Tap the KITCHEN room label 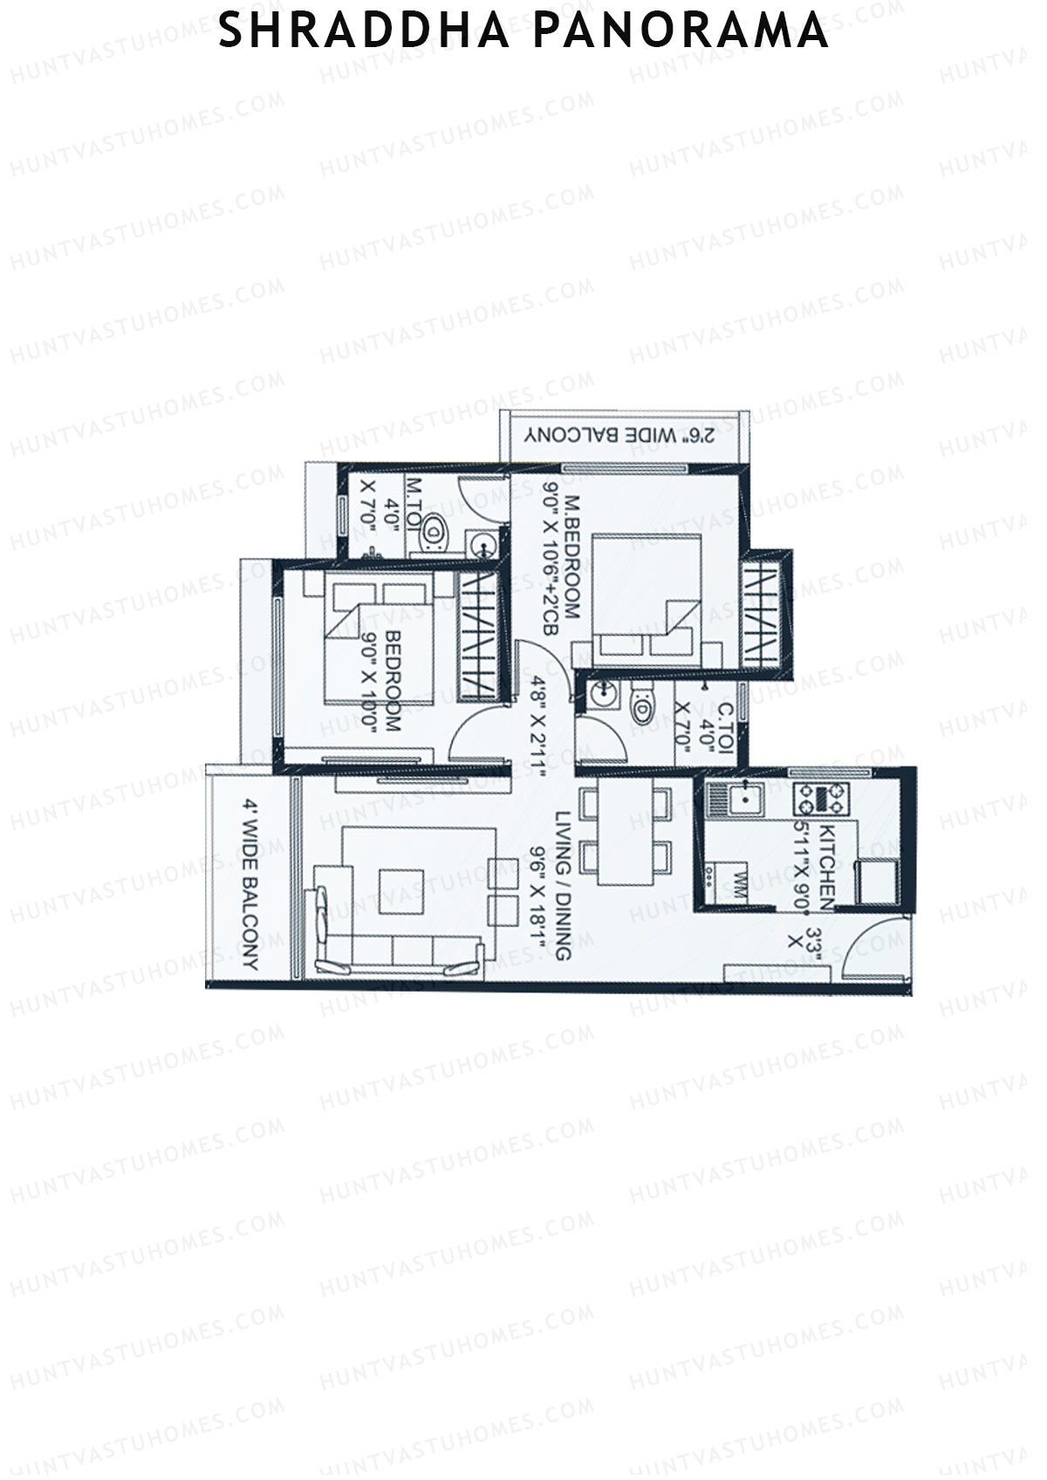(x=829, y=849)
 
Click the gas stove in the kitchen (x=820, y=796)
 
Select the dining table (x=626, y=834)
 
